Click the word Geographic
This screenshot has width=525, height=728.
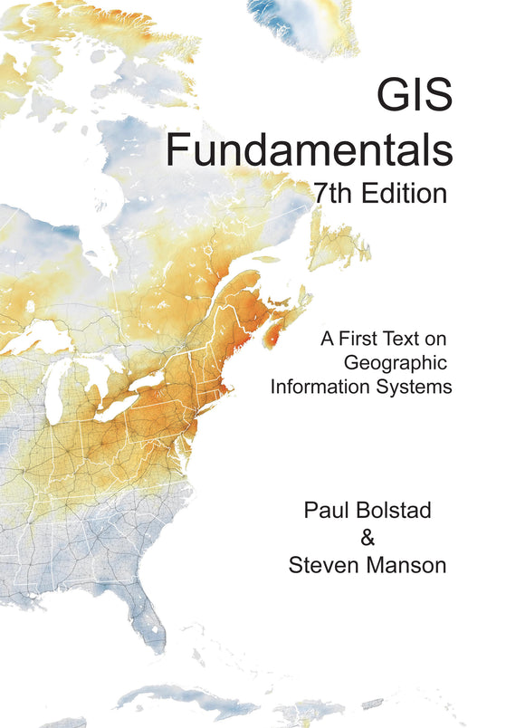point(397,363)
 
